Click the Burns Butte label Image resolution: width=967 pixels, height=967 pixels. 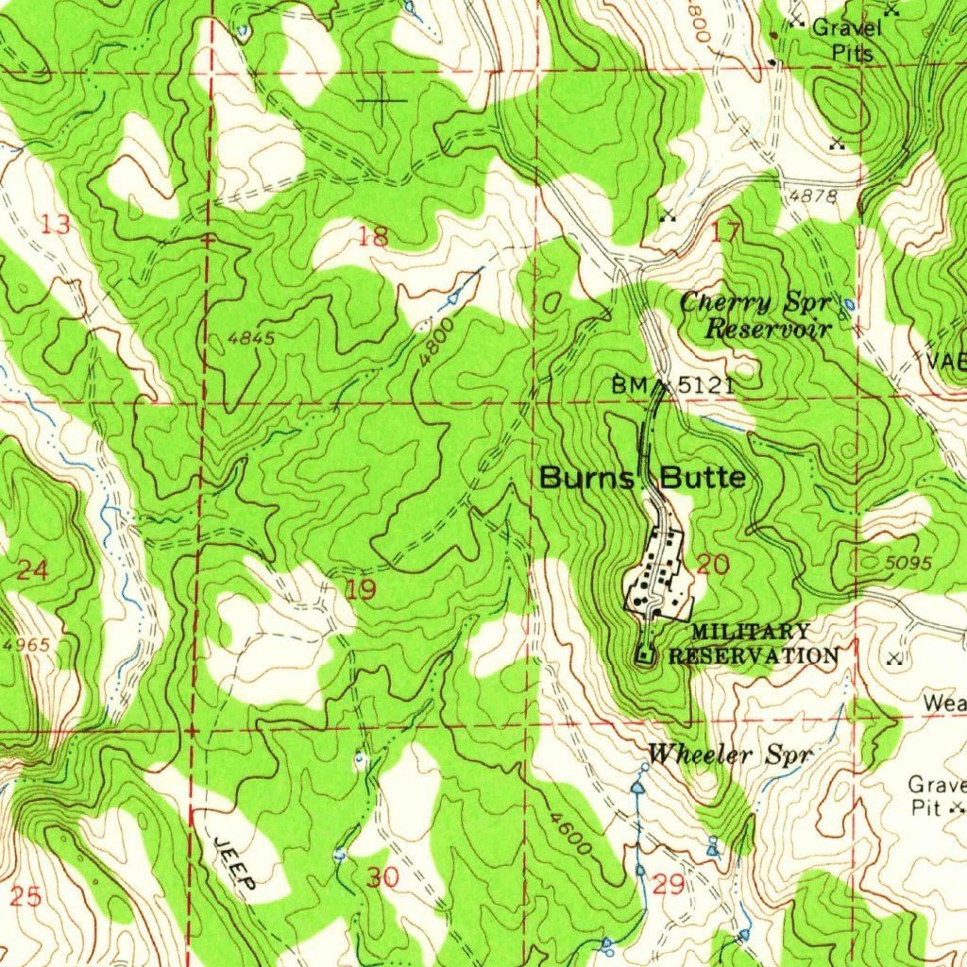642,478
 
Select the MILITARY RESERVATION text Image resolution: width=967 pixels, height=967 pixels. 752,644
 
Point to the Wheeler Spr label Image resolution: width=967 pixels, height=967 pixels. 730,755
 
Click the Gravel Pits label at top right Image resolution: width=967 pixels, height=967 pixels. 847,40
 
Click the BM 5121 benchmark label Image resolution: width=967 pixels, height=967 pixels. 671,385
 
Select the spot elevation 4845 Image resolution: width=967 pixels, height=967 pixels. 250,338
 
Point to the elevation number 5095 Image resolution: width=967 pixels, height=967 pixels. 908,564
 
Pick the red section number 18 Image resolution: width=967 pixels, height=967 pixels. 374,237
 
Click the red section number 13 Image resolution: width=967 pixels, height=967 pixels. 57,225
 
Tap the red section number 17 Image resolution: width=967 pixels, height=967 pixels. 725,231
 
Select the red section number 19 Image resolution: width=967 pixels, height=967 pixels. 361,591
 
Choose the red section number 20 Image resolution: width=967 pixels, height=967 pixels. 713,565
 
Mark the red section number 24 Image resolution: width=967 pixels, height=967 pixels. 33,570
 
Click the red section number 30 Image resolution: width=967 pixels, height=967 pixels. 383,877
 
